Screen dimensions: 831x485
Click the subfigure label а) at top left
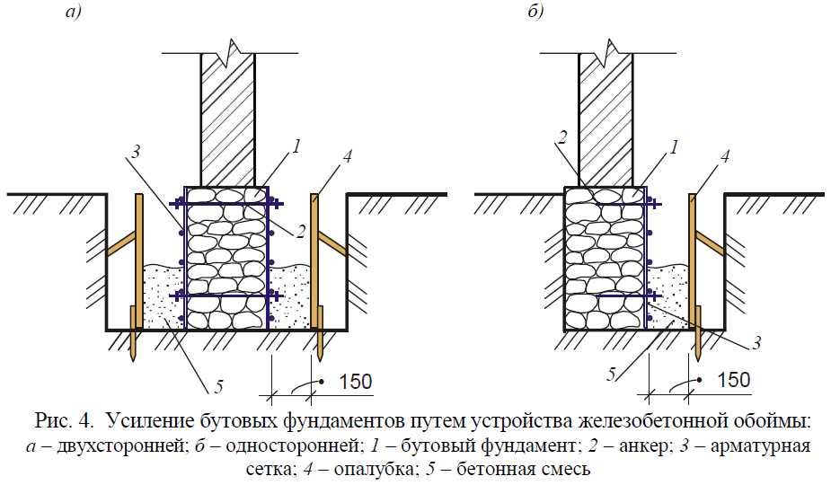73,11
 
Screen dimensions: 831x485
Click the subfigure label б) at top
535,11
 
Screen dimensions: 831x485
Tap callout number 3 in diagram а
136,152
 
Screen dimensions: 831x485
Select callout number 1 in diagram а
296,145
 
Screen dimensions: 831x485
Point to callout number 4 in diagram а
347,156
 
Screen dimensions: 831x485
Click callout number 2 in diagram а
300,232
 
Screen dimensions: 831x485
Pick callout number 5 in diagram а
219,386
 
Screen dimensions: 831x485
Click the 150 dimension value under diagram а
355,382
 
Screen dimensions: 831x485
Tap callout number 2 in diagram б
562,137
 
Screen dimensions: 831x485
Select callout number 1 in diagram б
674,146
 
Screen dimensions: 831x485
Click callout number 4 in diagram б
725,156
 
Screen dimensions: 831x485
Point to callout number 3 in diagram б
756,342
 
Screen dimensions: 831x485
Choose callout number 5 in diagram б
611,375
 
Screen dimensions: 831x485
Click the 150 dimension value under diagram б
733,380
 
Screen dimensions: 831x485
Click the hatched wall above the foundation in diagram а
228,119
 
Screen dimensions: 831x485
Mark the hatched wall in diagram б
606,119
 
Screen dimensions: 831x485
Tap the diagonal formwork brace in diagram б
709,242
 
